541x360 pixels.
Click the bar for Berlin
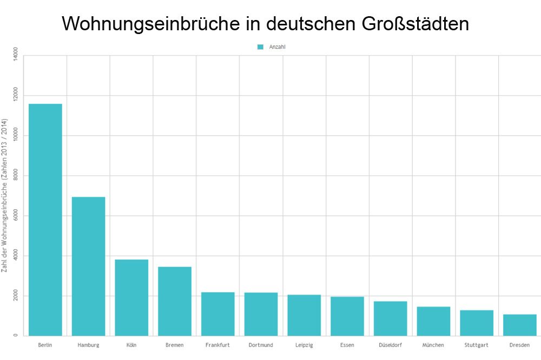(x=45, y=219)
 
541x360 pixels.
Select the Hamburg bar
(x=88, y=266)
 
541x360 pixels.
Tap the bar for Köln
(x=131, y=297)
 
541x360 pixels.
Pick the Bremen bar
(x=175, y=301)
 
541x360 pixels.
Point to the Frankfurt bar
(x=218, y=314)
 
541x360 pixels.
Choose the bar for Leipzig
(x=304, y=315)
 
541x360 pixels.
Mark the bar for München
(x=433, y=321)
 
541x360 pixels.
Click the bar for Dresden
(x=520, y=325)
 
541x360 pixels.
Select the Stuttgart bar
(x=477, y=323)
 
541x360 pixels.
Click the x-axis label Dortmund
(x=261, y=345)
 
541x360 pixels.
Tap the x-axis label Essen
(x=347, y=345)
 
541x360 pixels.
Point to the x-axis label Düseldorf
(x=390, y=345)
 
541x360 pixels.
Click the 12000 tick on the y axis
(x=16, y=95)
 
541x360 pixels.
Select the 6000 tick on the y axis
(x=16, y=216)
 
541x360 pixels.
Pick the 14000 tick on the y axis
(x=16, y=55)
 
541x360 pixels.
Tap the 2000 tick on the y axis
(x=16, y=296)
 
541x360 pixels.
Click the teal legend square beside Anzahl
(x=260, y=47)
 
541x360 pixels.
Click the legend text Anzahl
(x=277, y=47)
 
